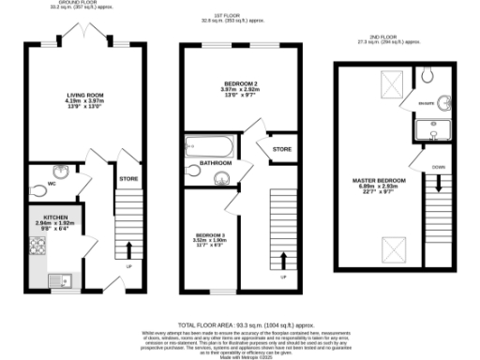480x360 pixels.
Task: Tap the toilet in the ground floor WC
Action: click(x=37, y=189)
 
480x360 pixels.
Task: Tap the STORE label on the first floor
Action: click(x=281, y=149)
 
